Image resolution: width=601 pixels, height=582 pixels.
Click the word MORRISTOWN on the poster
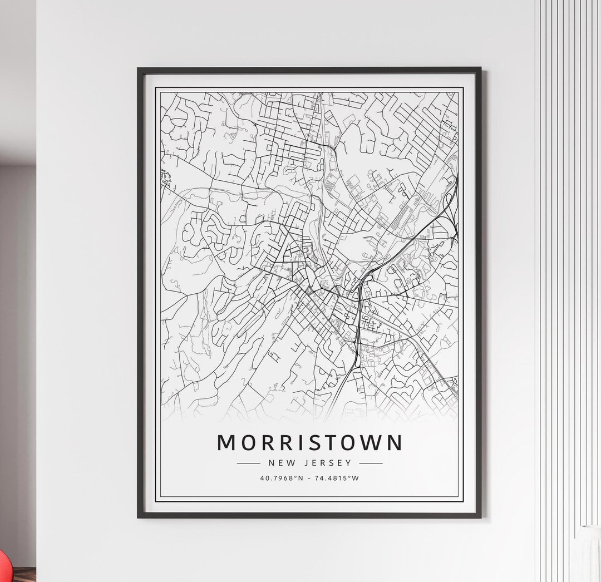coord(309,443)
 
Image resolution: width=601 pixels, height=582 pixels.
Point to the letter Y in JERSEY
coord(349,463)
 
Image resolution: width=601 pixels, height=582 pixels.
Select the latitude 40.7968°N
coord(281,478)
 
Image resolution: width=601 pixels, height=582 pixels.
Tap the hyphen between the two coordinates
coord(309,478)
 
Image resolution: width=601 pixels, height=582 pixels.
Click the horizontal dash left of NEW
coord(248,463)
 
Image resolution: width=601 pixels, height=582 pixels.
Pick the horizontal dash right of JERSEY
coord(371,463)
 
